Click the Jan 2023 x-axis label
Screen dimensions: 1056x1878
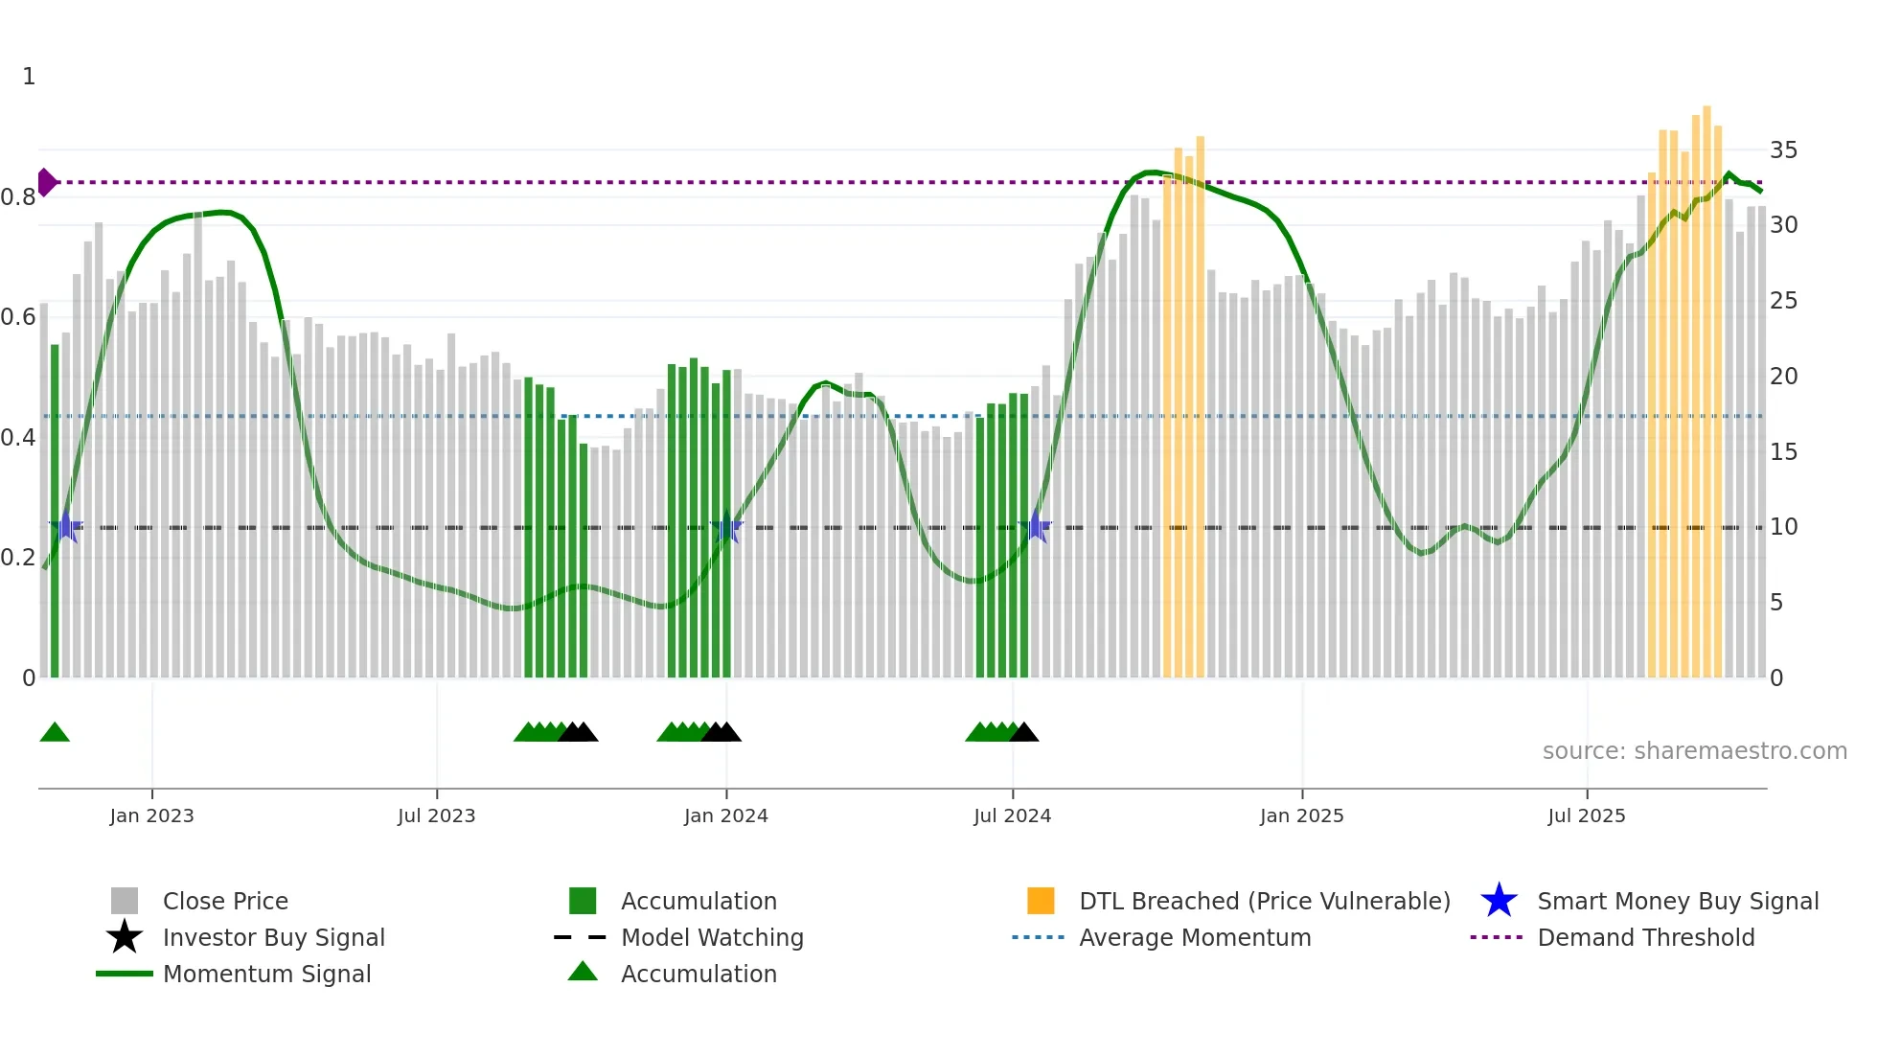point(151,815)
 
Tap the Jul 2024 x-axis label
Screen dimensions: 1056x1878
point(1012,815)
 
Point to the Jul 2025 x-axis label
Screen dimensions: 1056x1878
point(1587,815)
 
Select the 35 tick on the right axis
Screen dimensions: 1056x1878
point(1783,150)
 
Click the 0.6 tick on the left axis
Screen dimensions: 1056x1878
point(18,317)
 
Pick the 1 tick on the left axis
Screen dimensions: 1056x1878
point(29,77)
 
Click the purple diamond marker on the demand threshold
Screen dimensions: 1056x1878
point(46,182)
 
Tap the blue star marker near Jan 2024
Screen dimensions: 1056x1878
point(727,527)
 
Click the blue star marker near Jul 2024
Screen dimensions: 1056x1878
point(1036,527)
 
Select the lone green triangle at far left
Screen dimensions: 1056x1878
point(55,733)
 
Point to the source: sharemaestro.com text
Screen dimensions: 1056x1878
point(1694,751)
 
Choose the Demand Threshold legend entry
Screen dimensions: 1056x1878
point(1645,938)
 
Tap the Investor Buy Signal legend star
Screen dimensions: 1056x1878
point(125,938)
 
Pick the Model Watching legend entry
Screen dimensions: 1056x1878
point(711,938)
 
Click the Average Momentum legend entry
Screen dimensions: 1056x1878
point(1194,938)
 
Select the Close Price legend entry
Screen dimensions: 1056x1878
point(225,902)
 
